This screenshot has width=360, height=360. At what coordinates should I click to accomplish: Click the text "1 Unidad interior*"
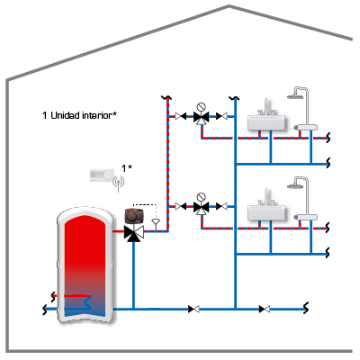[x=79, y=115]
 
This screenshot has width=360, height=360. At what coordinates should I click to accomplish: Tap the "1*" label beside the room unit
[x=126, y=168]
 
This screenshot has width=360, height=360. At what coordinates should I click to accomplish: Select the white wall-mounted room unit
[x=102, y=175]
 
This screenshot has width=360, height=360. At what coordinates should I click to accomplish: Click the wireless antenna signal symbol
[x=119, y=183]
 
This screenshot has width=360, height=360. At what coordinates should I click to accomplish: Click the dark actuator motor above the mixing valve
[x=134, y=216]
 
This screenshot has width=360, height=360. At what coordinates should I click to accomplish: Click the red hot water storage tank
[x=85, y=264]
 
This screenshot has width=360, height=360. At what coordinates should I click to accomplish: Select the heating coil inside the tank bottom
[x=78, y=302]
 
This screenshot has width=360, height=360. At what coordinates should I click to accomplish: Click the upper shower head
[x=295, y=96]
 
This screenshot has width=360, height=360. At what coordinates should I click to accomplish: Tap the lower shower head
[x=295, y=185]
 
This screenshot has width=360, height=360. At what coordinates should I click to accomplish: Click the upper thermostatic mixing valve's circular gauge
[x=201, y=107]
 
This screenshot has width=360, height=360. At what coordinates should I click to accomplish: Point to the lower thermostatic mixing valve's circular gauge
[x=201, y=197]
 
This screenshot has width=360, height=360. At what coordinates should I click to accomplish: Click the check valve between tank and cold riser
[x=193, y=309]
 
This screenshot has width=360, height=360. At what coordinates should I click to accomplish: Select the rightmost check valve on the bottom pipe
[x=265, y=309]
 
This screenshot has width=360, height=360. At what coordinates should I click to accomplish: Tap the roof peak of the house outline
[x=229, y=5]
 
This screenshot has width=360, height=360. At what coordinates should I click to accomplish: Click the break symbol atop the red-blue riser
[x=166, y=97]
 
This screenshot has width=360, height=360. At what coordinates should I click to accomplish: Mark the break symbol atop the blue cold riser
[x=234, y=98]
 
